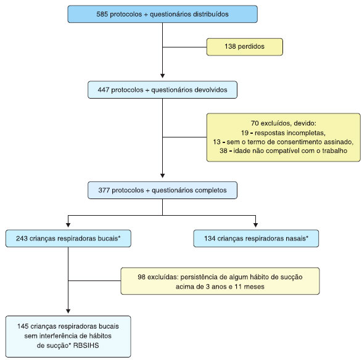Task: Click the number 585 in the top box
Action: point(102,14)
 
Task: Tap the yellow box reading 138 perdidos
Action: point(244,47)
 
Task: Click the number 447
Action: point(104,89)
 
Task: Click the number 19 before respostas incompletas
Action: point(245,133)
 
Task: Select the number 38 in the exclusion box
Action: point(223,150)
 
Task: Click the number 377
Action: point(104,190)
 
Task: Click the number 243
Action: point(22,239)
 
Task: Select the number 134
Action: point(210,239)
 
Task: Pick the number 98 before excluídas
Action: point(141,277)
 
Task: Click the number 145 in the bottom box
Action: point(23,326)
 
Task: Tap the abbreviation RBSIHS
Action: point(86,345)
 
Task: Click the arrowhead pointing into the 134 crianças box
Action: point(255,225)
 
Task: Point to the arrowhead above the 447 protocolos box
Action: point(163,76)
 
